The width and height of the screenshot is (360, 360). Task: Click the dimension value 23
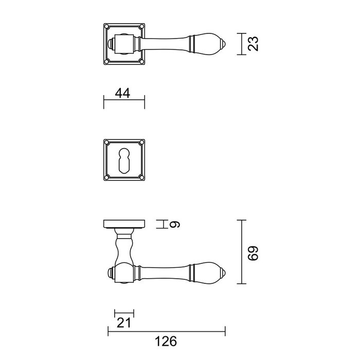(x=253, y=44)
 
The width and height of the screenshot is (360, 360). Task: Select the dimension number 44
(x=122, y=93)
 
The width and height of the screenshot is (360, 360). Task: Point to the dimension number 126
(x=166, y=341)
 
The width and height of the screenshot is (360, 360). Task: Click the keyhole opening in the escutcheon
(x=124, y=159)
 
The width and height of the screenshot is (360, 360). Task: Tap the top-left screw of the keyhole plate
(x=107, y=142)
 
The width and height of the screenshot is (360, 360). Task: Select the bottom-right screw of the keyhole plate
(x=141, y=176)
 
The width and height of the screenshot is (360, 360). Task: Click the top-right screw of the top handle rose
(x=141, y=27)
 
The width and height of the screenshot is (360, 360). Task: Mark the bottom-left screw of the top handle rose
(x=107, y=61)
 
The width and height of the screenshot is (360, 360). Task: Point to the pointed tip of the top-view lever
(x=228, y=44)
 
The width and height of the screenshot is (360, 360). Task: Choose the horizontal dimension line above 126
(x=166, y=330)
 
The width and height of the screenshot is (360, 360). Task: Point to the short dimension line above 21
(x=123, y=312)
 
